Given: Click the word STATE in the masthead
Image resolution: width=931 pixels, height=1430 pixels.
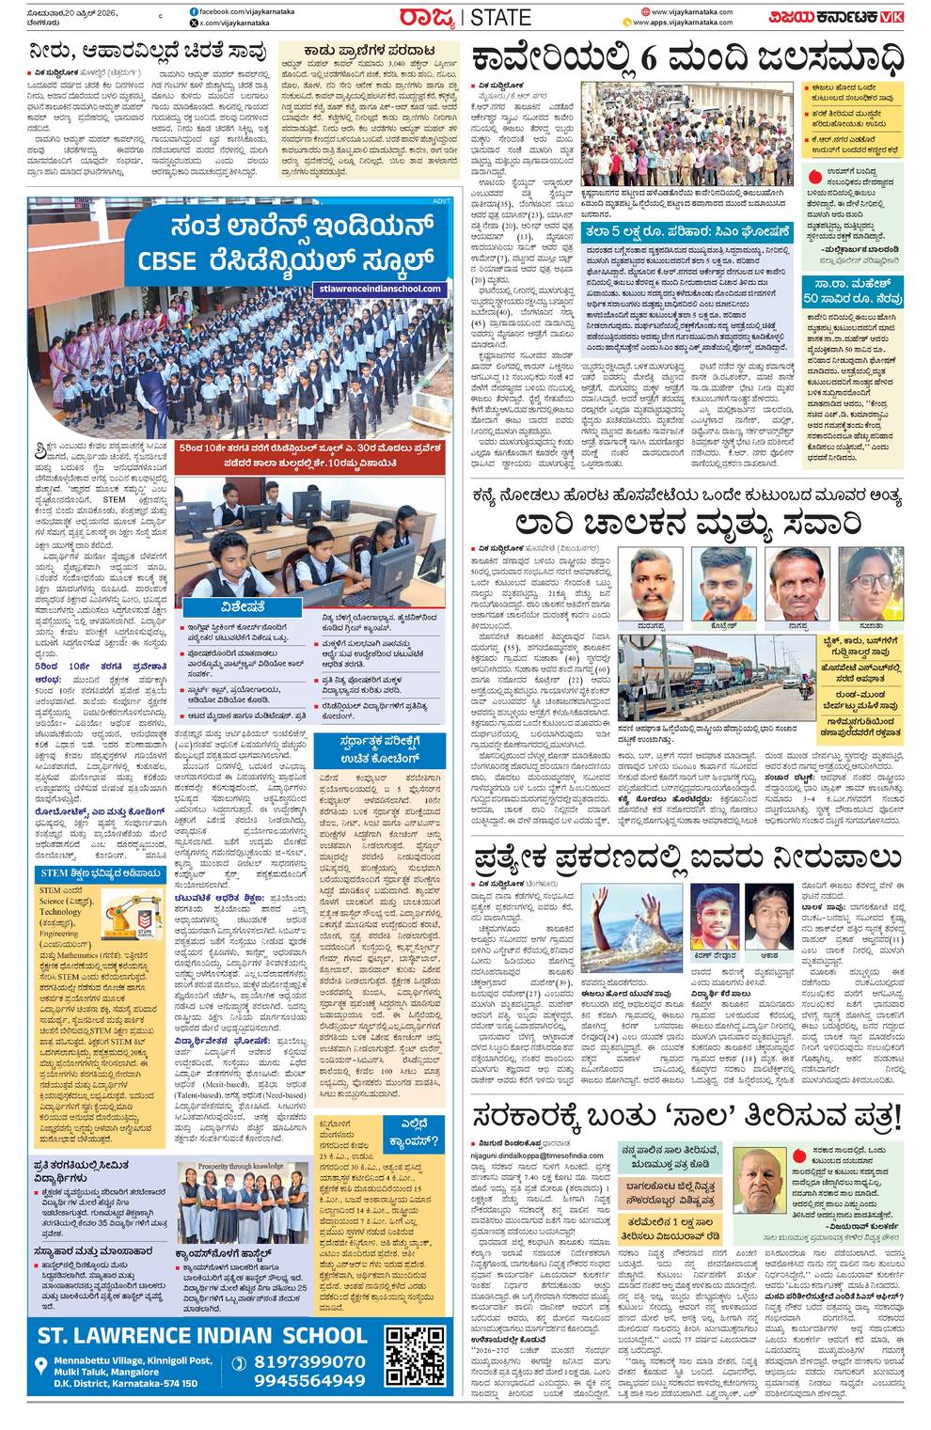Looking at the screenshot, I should tap(500, 17).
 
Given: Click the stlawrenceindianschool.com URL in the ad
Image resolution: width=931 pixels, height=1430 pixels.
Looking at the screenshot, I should tap(381, 289).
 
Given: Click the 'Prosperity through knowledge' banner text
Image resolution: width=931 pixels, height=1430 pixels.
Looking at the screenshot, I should tap(241, 1167).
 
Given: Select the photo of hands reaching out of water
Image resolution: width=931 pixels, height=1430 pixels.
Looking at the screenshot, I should tap(631, 927).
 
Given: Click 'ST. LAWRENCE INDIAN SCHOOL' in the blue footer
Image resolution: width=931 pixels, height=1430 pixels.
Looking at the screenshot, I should tap(202, 1335).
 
